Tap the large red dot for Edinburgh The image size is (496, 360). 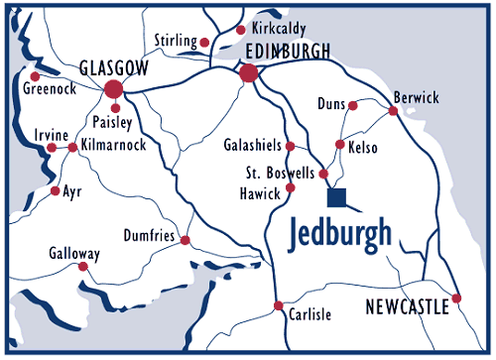click(x=249, y=72)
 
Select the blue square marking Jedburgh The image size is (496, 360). click(x=337, y=197)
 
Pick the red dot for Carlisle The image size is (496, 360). click(x=280, y=304)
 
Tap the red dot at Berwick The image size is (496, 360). click(x=393, y=111)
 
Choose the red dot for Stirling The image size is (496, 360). click(x=205, y=43)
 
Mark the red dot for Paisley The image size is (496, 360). click(x=116, y=108)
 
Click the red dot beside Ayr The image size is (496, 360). click(x=55, y=189)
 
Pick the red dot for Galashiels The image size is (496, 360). click(x=290, y=146)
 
